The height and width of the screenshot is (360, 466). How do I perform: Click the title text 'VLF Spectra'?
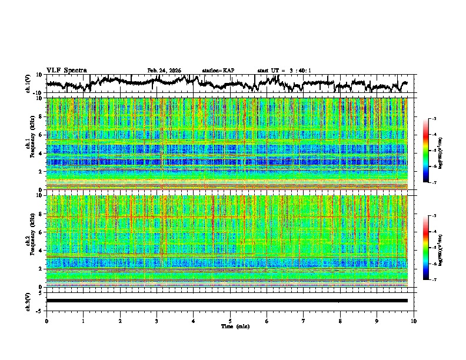(66, 70)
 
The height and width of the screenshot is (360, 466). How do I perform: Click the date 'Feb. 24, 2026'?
(164, 71)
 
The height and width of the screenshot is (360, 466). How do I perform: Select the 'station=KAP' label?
(218, 71)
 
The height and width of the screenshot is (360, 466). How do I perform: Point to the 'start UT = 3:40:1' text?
(284, 71)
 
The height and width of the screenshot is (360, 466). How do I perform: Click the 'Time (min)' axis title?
(230, 326)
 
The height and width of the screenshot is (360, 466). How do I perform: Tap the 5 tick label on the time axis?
(230, 321)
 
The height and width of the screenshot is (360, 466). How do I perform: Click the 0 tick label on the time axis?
(46, 321)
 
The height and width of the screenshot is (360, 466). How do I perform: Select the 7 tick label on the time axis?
(304, 321)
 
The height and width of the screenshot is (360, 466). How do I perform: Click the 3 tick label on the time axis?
(157, 321)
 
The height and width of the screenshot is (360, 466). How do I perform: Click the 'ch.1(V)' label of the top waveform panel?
(28, 84)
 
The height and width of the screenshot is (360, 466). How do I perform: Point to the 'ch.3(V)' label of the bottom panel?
(28, 301)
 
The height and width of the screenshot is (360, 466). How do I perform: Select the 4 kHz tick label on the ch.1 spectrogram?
(41, 153)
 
